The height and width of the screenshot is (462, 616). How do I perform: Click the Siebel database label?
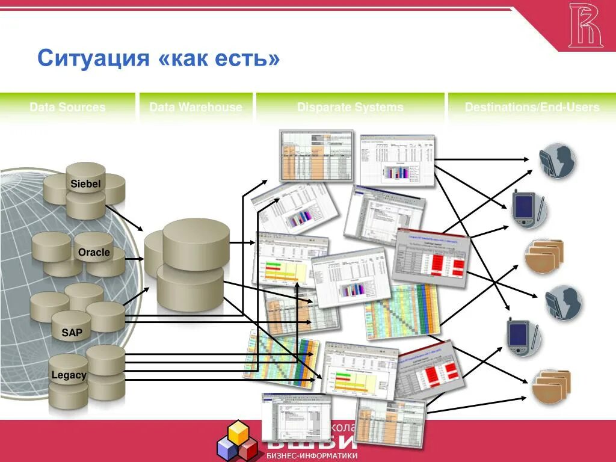pyautogui.click(x=85, y=183)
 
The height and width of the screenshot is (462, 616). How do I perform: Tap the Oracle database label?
pyautogui.click(x=94, y=252)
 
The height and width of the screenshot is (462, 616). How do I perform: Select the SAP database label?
pyautogui.click(x=72, y=332)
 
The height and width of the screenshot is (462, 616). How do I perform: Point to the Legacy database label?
pyautogui.click(x=69, y=375)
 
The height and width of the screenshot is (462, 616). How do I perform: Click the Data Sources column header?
pyautogui.click(x=67, y=108)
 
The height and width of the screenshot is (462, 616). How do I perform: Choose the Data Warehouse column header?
pyautogui.click(x=196, y=108)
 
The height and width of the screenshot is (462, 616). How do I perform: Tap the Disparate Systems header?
pyautogui.click(x=350, y=108)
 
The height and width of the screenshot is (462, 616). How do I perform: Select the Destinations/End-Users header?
pyautogui.click(x=532, y=108)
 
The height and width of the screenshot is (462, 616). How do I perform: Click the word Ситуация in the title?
pyautogui.click(x=93, y=59)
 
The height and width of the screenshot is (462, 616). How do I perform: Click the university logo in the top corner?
pyautogui.click(x=585, y=25)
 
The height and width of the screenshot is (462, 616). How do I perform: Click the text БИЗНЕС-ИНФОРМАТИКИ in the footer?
pyautogui.click(x=312, y=455)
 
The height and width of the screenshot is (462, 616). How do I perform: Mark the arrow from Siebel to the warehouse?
pyautogui.click(x=125, y=218)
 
